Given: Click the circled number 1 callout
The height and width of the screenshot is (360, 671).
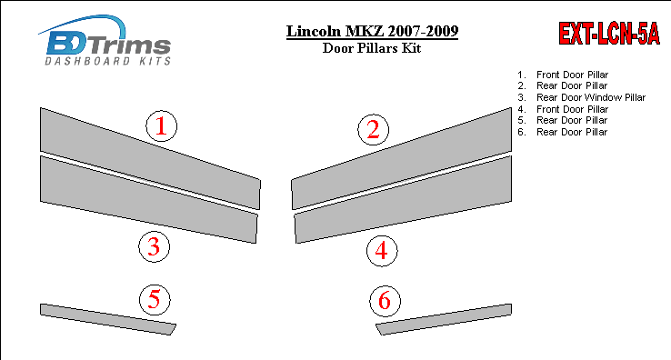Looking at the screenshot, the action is (x=161, y=125).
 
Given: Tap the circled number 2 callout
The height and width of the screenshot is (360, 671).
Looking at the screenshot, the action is (x=373, y=130).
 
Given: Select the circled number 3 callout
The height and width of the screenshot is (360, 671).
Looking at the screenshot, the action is (x=154, y=247).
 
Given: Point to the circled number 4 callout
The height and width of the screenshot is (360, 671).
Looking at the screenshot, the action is (x=382, y=251).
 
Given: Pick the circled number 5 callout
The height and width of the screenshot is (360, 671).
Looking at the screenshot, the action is (x=155, y=299).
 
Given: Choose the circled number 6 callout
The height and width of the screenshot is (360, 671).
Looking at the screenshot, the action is (x=386, y=301).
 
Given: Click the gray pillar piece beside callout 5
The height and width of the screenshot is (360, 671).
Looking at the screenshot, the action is (x=108, y=319).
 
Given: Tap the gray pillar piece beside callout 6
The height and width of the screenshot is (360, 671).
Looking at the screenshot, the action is (x=444, y=319).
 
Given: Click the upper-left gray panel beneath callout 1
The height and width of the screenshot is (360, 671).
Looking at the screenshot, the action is (x=150, y=158).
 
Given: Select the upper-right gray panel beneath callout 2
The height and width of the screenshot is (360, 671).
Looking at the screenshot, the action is (x=401, y=158).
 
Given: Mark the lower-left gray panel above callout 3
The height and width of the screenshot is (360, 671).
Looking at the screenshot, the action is (x=148, y=199).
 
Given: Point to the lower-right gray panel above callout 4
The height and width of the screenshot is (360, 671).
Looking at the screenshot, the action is (x=403, y=199).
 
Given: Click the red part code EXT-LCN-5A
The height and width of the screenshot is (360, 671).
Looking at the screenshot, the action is (x=609, y=33).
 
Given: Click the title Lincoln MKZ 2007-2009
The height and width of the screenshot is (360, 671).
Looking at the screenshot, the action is (x=372, y=31).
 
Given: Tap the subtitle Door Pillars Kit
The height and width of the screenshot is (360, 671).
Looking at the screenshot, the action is (x=372, y=48).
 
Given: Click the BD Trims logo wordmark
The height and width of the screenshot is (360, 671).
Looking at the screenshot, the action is (x=108, y=45).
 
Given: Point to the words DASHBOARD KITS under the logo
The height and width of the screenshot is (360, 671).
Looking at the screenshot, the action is (x=108, y=61).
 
